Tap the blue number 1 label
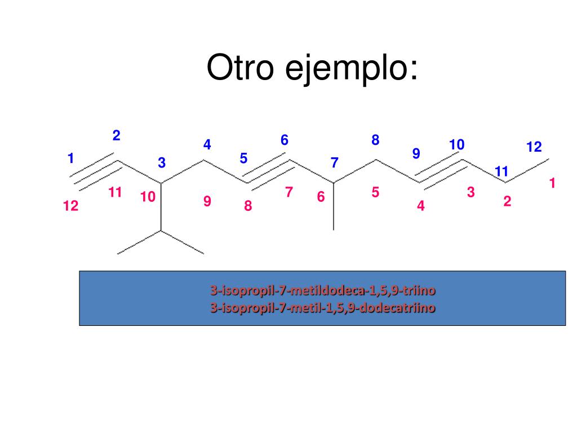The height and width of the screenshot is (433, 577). point(70,159)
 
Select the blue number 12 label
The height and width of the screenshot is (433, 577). point(534,148)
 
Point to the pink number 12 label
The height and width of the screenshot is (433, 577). point(71,207)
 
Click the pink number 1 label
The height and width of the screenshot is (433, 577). point(552,183)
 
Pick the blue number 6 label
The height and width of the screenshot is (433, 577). point(285,140)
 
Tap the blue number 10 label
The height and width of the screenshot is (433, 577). point(456,145)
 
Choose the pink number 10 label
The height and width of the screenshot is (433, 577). point(148,197)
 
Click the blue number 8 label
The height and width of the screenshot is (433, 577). point(375,140)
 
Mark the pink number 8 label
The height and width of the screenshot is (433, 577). point(248,206)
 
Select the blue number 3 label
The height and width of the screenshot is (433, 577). point(162,164)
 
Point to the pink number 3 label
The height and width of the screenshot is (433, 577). point(471,193)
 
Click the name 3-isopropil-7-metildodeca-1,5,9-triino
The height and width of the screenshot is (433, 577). point(323,291)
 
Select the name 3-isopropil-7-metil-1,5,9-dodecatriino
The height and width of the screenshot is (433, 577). point(323,308)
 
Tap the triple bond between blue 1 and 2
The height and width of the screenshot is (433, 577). point(95,171)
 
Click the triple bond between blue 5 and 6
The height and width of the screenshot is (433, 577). point(269,172)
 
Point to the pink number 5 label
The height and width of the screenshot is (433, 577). point(375,193)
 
